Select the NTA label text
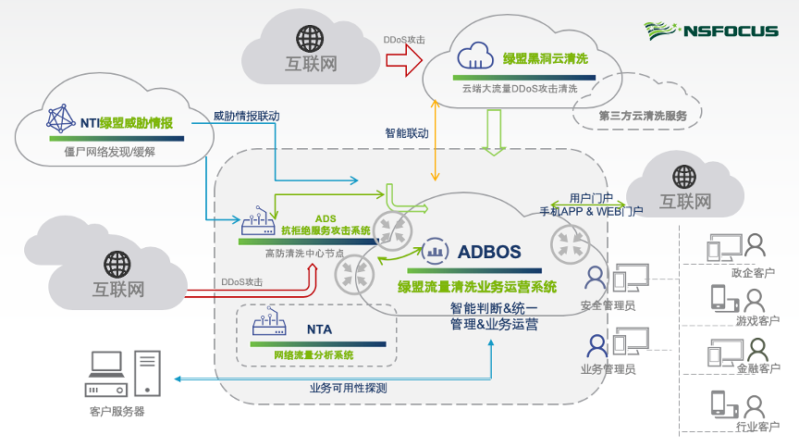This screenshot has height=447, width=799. pos(319,329)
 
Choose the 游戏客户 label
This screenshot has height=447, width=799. pos(757,320)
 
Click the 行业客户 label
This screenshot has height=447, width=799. pos(757,427)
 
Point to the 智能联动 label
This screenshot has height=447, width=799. pos(407,133)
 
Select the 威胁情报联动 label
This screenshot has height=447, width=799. pos(246,117)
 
